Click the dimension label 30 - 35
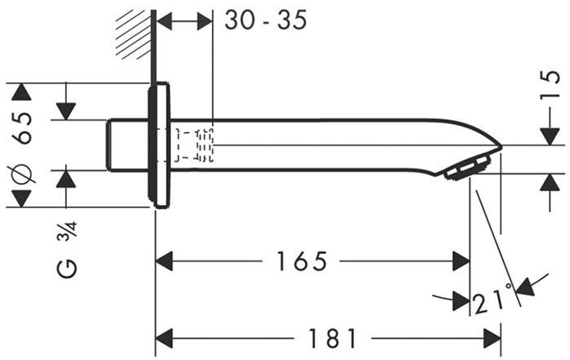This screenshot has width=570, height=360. click(x=265, y=20)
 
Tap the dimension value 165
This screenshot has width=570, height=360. click(x=301, y=262)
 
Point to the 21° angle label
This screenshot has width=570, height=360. click(x=492, y=303)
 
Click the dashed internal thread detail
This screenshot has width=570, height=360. click(x=195, y=144)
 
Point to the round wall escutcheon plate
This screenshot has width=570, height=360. click(x=160, y=144)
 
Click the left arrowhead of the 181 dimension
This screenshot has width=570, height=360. click(x=164, y=337)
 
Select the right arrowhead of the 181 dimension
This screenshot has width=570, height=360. click(x=492, y=337)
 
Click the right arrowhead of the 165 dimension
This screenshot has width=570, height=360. click(x=461, y=261)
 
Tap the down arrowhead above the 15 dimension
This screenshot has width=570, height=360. click(x=550, y=136)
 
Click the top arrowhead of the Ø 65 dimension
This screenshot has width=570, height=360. click(x=20, y=91)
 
